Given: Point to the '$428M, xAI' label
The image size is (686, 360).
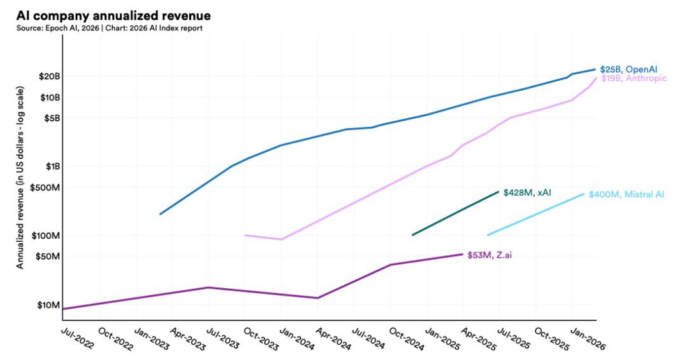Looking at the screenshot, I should point(527,192).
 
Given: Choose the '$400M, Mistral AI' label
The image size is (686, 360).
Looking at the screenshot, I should point(626,194).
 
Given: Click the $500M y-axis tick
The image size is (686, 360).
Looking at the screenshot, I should point(46,187).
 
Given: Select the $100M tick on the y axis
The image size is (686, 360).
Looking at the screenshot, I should point(46,236).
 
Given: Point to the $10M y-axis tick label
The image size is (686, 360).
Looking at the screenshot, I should point(48,305).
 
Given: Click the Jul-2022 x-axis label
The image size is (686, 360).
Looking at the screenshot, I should point(77,337).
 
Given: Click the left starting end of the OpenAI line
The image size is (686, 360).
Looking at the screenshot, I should point(160,214).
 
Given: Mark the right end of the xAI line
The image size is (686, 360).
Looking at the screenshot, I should point(499,191).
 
